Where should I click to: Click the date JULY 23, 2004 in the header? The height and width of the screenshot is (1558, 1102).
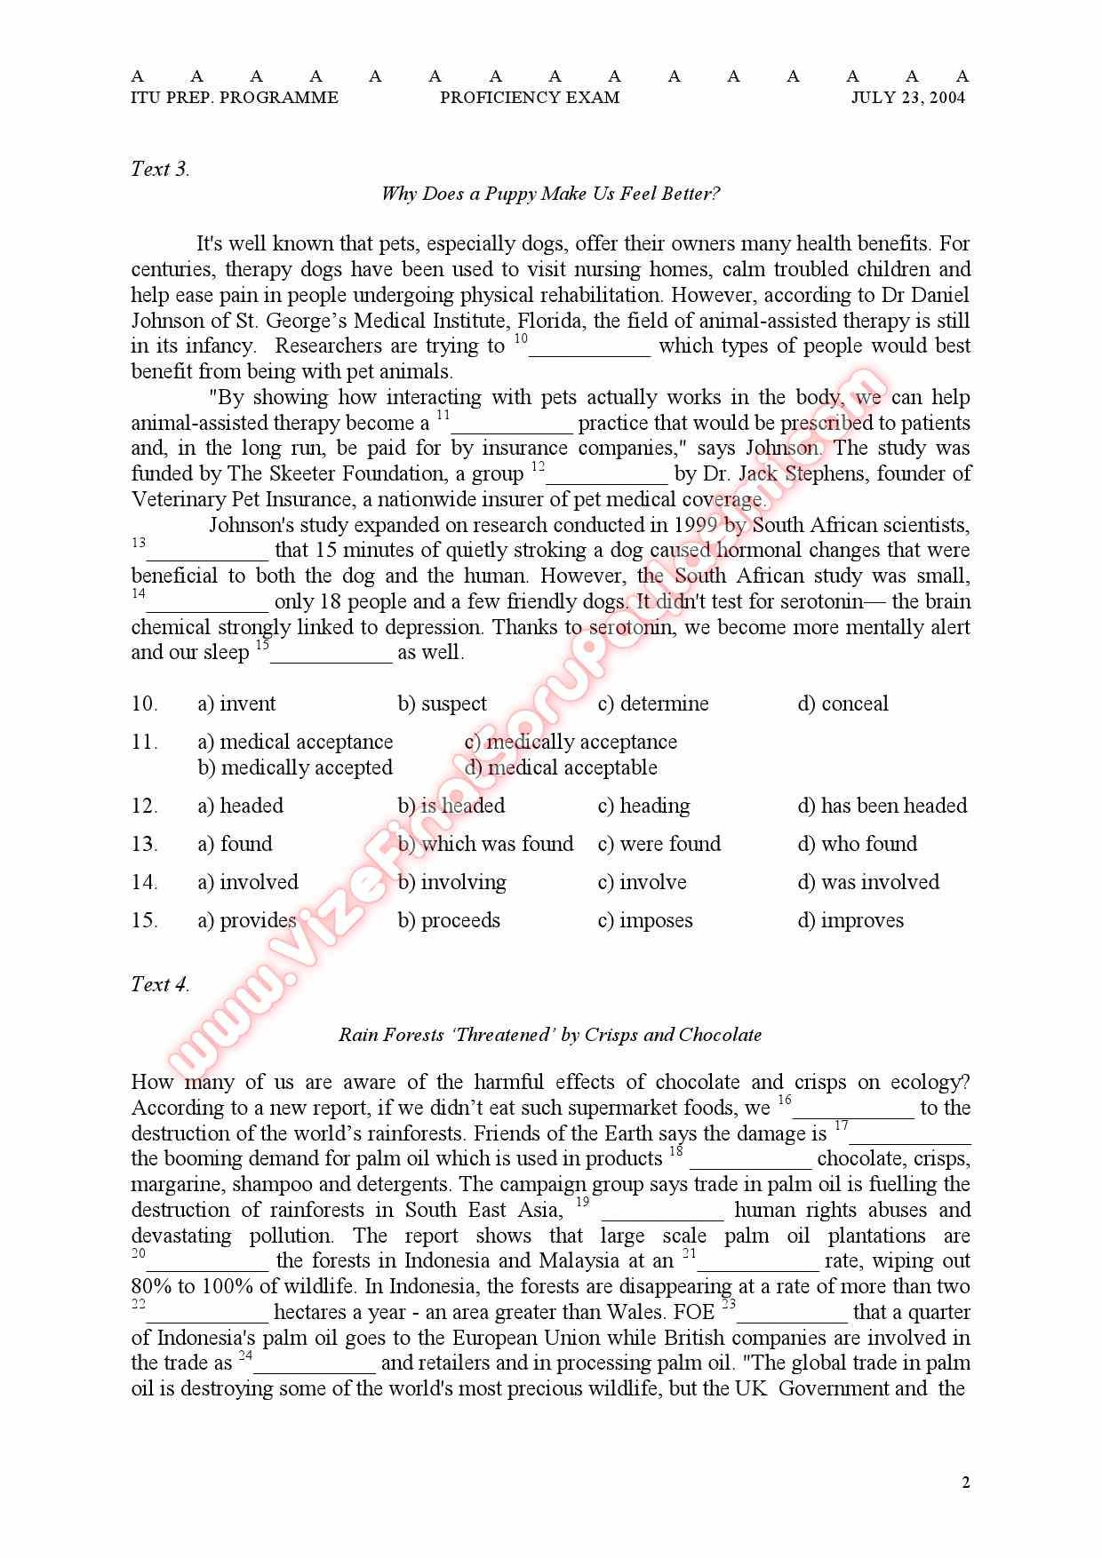point(907,98)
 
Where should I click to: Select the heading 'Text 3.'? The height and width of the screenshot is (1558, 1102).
point(160,169)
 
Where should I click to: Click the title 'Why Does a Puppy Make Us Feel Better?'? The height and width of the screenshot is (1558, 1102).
point(550,194)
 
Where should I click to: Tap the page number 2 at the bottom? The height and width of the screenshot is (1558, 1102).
point(966,1482)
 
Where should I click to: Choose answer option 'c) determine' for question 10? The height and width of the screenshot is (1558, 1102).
point(653,704)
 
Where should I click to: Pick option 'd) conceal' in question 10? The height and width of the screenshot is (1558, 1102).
point(842,704)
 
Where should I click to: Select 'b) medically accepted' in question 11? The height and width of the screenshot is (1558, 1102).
point(295,767)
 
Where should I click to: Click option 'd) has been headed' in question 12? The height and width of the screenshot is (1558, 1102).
point(882,806)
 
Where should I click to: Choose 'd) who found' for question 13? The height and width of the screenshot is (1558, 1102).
point(857,844)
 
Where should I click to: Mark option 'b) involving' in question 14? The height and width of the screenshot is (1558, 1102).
point(451,882)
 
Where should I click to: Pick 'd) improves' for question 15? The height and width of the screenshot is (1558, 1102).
point(850,920)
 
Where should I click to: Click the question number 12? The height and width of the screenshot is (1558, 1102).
point(144,806)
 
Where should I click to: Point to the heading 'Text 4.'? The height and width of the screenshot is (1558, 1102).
point(160,984)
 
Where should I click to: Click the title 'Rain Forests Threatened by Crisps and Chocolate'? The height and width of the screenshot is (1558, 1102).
point(550,1035)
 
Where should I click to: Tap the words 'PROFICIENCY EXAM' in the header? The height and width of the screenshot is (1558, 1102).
point(530,98)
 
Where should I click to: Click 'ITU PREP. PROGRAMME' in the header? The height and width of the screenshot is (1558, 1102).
point(235,98)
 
